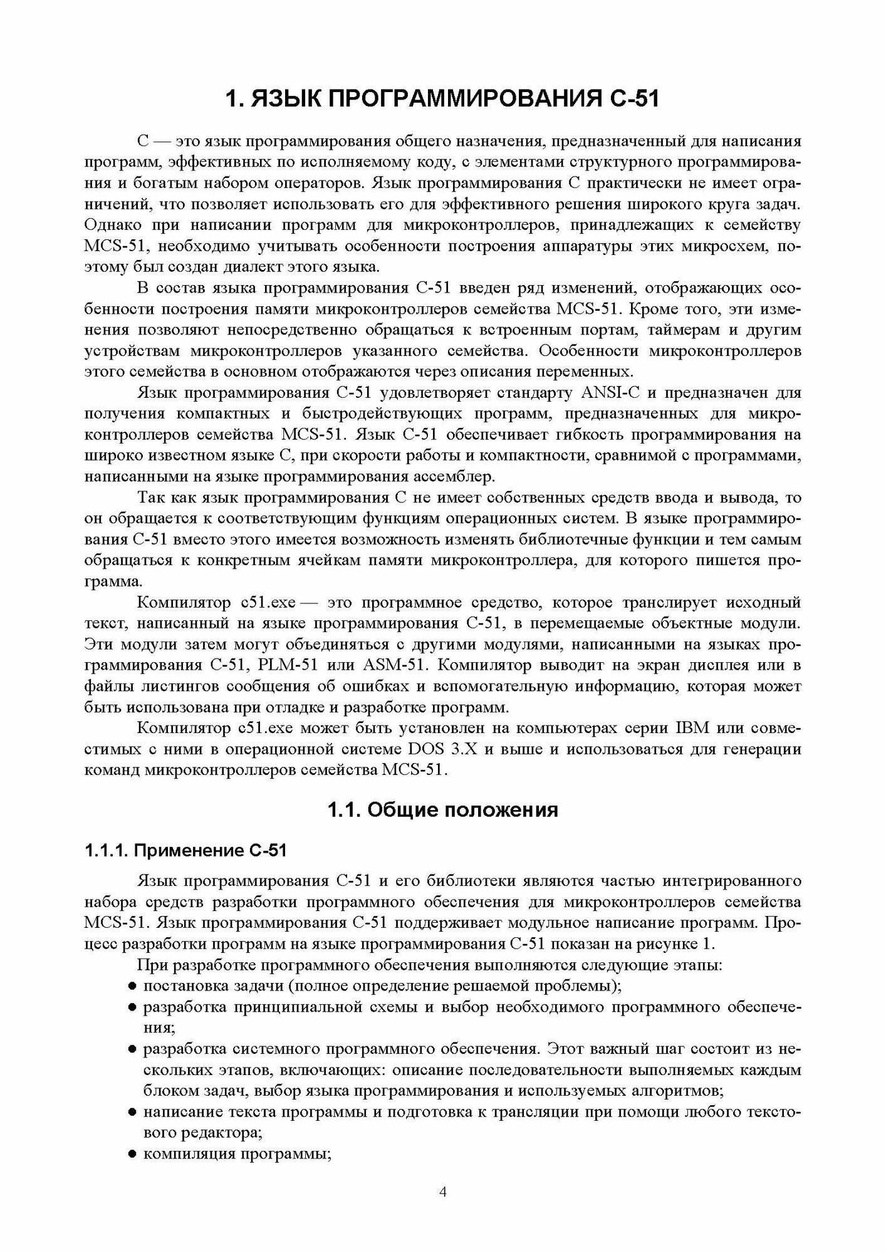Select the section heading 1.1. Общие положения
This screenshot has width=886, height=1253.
coord(443,810)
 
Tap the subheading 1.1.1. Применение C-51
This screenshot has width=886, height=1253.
coord(186,851)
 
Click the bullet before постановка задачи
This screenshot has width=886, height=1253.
coord(132,986)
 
